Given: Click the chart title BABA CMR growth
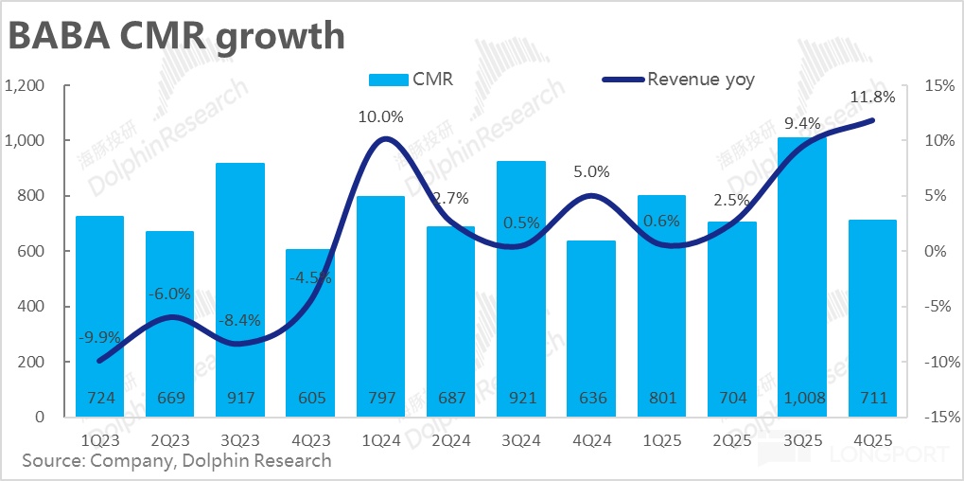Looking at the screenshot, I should (176, 36).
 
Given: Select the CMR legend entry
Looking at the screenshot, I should (412, 80).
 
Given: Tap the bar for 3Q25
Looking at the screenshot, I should (803, 275).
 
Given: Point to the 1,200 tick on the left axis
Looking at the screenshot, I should (26, 85).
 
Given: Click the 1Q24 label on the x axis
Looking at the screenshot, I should (381, 440).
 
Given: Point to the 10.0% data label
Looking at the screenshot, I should (381, 117).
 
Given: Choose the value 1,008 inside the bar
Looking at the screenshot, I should (803, 399).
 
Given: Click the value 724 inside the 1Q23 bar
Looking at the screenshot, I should (99, 399).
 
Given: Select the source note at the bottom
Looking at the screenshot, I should (176, 461).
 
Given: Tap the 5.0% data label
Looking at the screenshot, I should (591, 172).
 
